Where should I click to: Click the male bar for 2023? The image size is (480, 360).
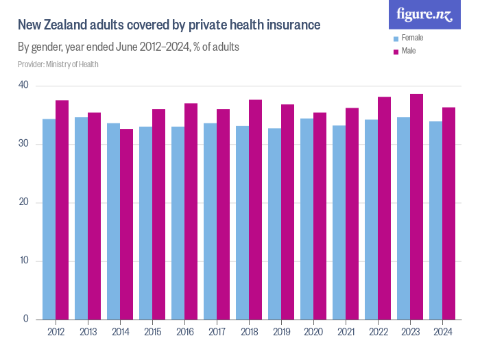(x=416, y=206)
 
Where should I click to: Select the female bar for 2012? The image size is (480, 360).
(x=49, y=219)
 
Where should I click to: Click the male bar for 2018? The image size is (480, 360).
(x=255, y=209)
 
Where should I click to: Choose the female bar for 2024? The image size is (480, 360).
(x=435, y=220)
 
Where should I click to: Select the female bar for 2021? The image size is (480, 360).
(x=339, y=222)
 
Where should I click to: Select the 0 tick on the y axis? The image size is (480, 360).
(x=25, y=320)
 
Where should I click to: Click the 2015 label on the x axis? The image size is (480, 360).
(x=152, y=333)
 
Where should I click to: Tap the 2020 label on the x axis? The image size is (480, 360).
(x=313, y=333)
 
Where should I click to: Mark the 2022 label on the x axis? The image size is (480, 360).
(x=378, y=333)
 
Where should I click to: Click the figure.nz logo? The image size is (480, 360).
(x=424, y=14)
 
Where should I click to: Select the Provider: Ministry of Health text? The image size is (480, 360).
(x=58, y=64)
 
